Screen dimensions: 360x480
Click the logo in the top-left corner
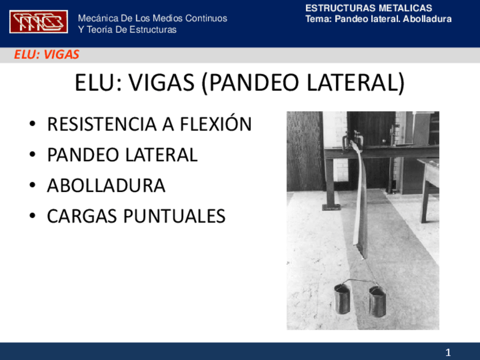tap(38, 22)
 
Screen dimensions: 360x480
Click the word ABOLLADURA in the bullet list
tap(106, 186)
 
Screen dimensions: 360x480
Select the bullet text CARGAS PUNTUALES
tap(136, 216)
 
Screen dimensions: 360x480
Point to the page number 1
tap(448, 352)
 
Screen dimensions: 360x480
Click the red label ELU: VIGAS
tap(46, 55)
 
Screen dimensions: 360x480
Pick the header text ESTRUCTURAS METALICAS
tap(368, 8)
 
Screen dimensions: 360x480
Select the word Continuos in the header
tap(204, 18)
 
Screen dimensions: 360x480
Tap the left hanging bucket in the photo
tap(341, 299)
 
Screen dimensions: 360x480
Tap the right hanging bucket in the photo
tap(377, 301)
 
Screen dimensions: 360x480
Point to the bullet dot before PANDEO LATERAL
tap(34, 155)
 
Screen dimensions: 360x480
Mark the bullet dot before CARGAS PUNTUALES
tap(34, 217)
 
